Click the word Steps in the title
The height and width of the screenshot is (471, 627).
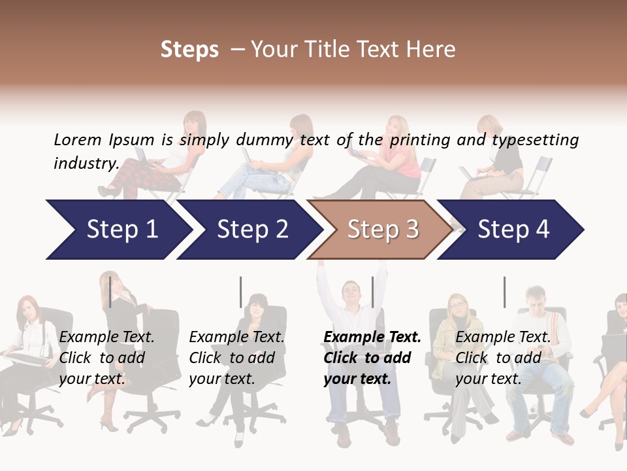(189, 50)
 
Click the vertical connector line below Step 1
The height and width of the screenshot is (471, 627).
(110, 292)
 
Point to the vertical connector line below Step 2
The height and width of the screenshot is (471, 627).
(241, 292)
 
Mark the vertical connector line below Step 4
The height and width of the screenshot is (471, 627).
(504, 292)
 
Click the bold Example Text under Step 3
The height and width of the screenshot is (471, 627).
(372, 358)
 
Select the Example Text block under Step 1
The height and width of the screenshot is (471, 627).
(106, 358)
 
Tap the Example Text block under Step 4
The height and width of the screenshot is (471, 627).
(502, 358)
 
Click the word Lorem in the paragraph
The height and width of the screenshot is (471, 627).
(78, 139)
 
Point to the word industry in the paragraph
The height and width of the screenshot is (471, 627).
(86, 164)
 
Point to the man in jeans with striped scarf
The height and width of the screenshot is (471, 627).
(539, 353)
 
